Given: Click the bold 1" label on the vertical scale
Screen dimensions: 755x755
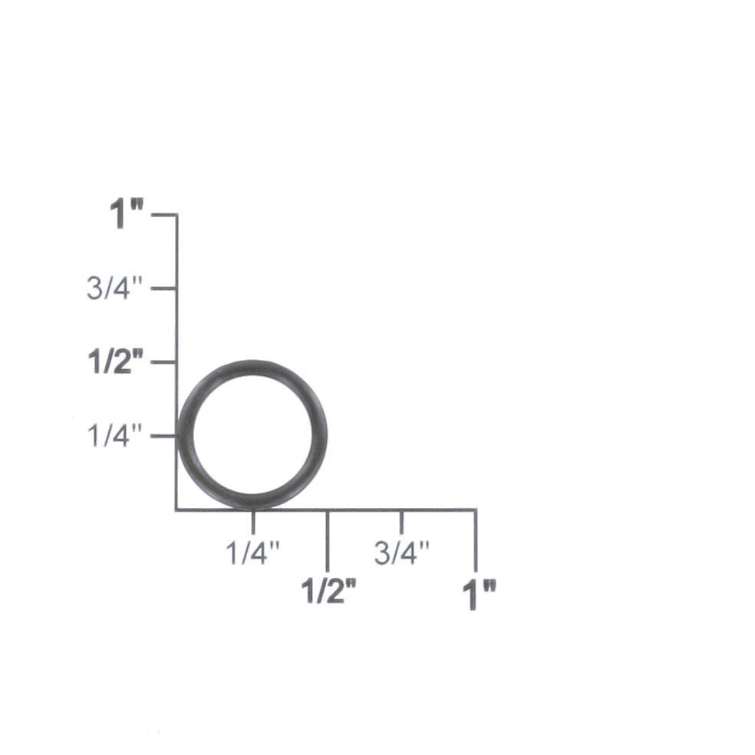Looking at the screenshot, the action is pyautogui.click(x=127, y=214).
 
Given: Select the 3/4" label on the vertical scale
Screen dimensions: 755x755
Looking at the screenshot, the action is pyautogui.click(x=114, y=288).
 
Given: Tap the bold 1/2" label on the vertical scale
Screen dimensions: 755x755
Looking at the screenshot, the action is pyautogui.click(x=116, y=362).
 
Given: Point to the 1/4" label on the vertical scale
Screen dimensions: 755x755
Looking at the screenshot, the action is pyautogui.click(x=114, y=436).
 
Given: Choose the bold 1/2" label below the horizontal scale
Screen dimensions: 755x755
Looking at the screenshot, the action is pyautogui.click(x=328, y=591).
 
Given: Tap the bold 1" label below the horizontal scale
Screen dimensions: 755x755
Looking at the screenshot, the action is pyautogui.click(x=479, y=595).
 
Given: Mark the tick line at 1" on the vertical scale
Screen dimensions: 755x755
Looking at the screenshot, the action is pyautogui.click(x=164, y=215).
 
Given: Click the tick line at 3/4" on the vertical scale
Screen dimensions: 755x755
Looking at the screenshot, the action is pyautogui.click(x=163, y=288).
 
